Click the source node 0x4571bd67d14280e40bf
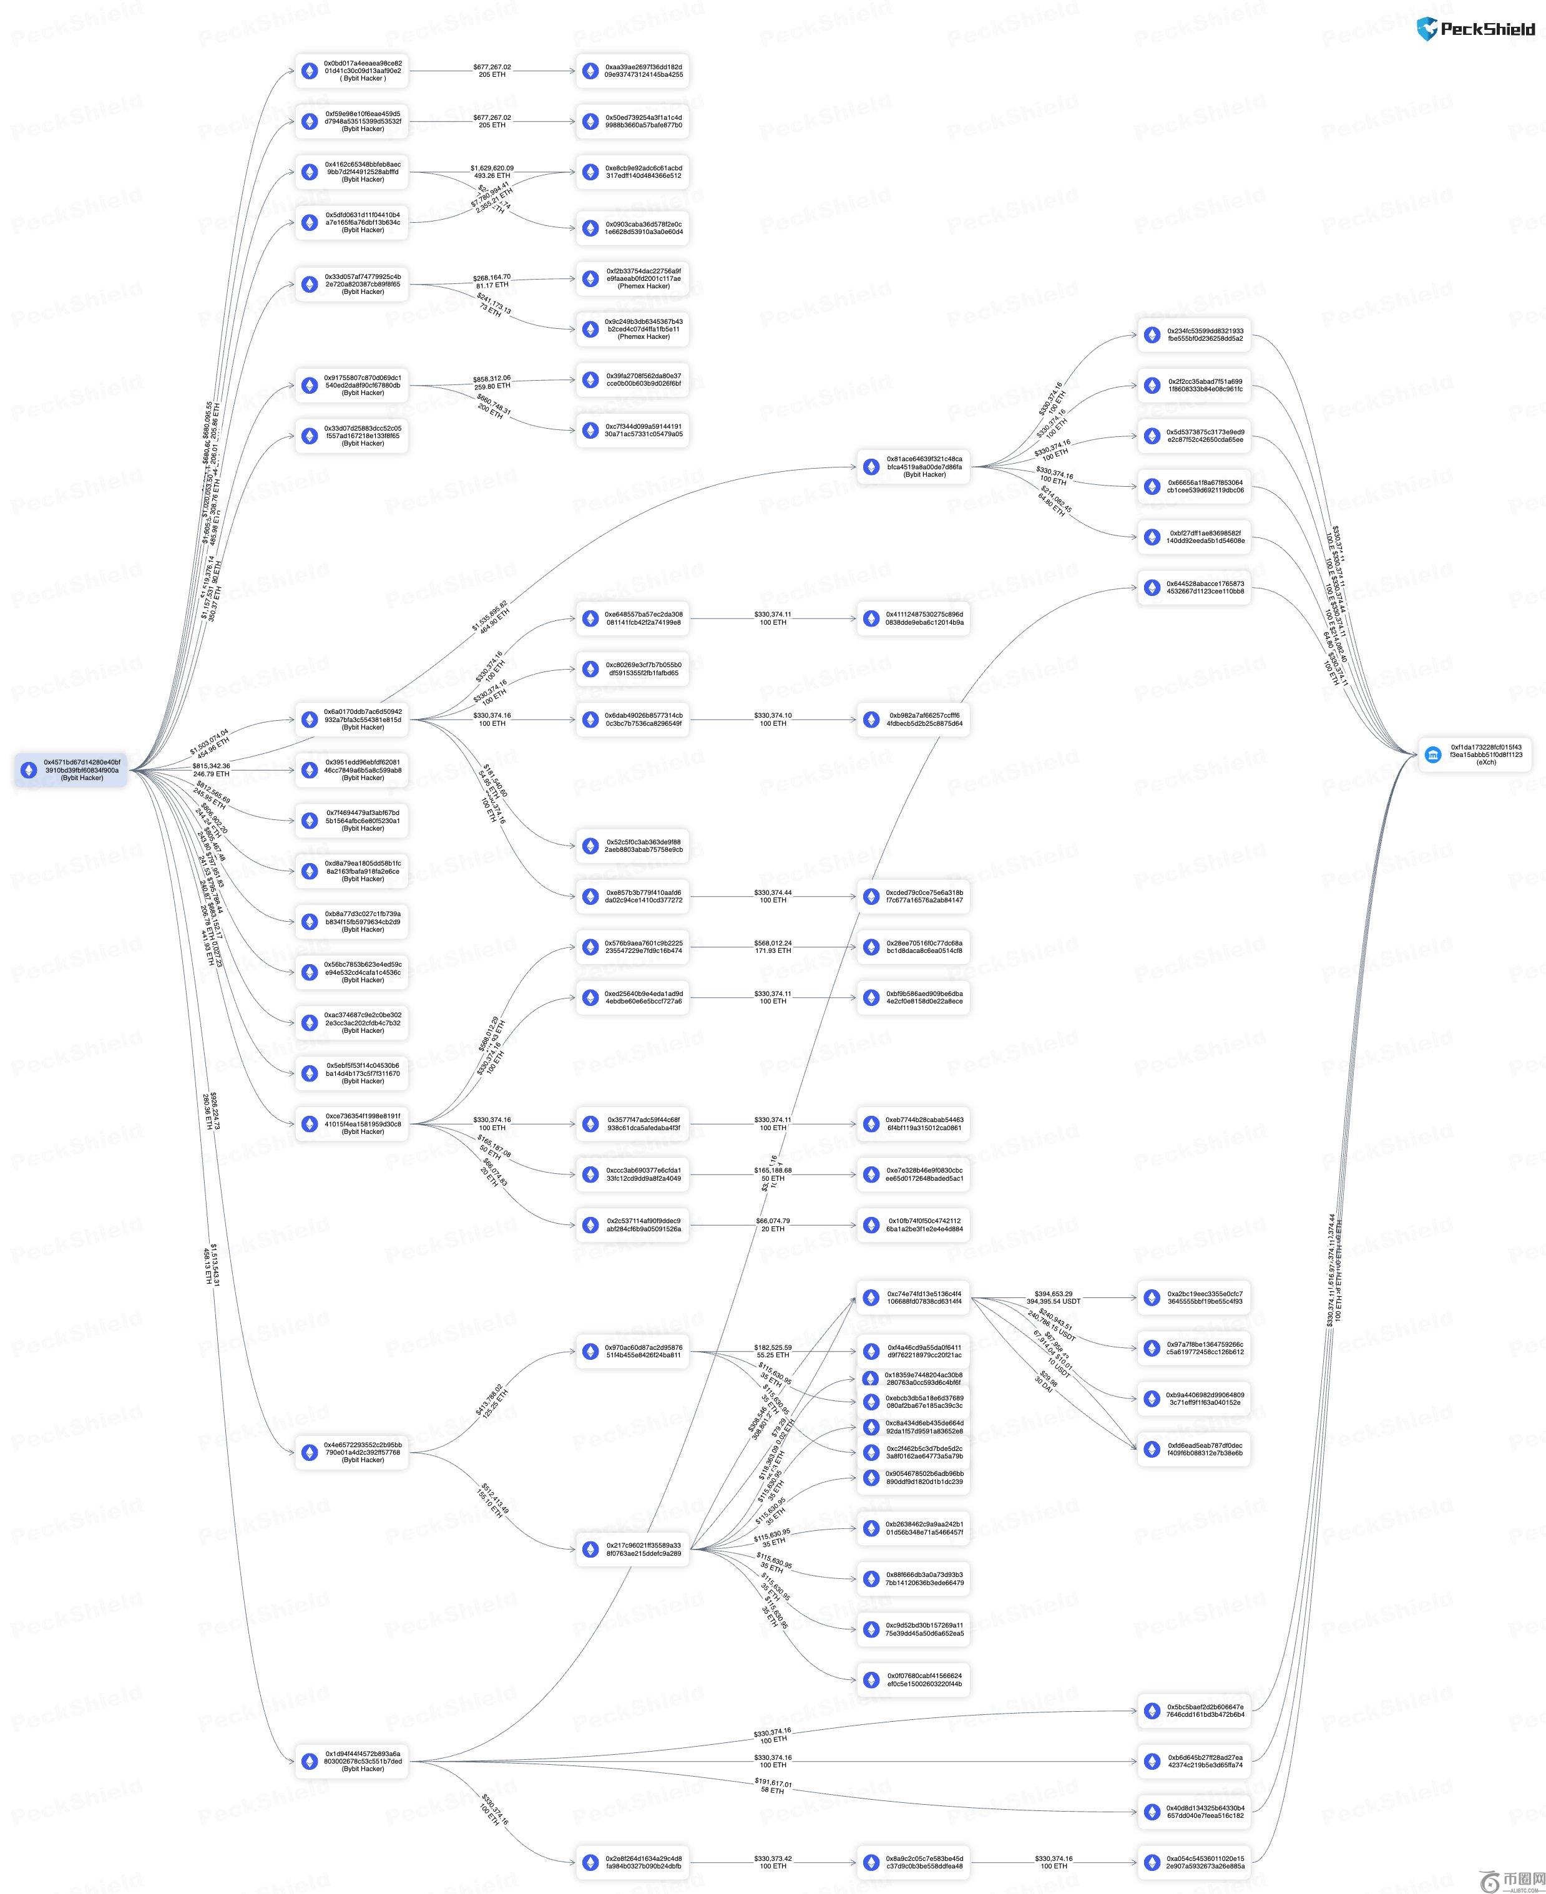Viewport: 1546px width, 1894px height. (71, 770)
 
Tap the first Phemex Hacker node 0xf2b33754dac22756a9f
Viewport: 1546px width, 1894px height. (632, 279)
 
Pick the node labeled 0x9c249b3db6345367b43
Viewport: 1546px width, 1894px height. (632, 329)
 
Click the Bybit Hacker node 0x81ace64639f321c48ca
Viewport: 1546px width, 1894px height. (914, 467)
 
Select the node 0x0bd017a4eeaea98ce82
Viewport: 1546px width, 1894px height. (352, 71)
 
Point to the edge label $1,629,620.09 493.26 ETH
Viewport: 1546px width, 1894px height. (492, 172)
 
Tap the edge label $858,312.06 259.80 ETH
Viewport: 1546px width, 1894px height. (492, 382)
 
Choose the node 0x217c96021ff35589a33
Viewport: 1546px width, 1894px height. (632, 1550)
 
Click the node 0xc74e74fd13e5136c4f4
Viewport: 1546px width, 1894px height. (914, 1297)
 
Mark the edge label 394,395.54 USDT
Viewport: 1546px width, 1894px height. (1054, 1301)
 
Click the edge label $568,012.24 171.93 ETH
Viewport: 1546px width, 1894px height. (772, 947)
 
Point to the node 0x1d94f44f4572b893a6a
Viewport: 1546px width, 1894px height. (352, 1760)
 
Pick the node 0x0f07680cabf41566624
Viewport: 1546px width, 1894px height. (914, 1679)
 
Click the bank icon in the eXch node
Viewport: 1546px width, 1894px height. (1433, 755)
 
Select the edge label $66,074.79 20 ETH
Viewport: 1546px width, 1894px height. (772, 1224)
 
